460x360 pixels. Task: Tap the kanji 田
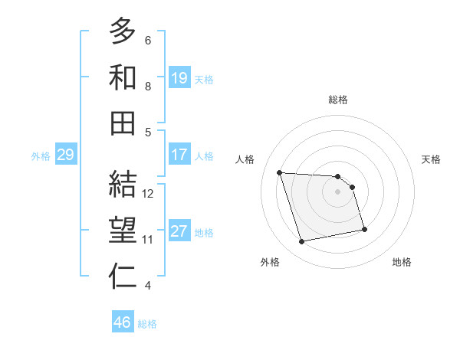pos(123,123)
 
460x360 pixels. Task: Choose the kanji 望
pos(123,231)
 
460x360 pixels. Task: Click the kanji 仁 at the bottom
pos(123,277)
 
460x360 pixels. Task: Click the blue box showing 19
pos(179,77)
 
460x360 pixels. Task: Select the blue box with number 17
pos(179,154)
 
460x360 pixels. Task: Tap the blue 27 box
pos(179,231)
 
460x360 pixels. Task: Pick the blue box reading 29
pos(65,155)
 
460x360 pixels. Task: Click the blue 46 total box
pos(123,322)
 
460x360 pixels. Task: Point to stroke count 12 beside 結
pos(148,194)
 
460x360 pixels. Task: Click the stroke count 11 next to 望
pos(148,240)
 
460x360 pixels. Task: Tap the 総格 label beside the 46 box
pos(147,323)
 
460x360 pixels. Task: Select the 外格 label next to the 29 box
pos(41,155)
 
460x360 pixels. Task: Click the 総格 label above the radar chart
pos(337,100)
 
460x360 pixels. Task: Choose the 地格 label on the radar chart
pos(402,263)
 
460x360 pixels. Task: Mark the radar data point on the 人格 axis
pos(280,172)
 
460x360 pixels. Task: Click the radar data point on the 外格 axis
pos(302,242)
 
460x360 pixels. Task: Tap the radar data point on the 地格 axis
pos(364,229)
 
